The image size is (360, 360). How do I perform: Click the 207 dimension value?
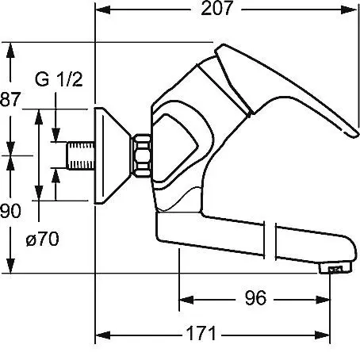point(216,9)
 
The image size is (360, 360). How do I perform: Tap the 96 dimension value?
point(255,298)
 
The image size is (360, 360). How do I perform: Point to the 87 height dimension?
point(10,99)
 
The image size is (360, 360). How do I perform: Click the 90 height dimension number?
point(10,211)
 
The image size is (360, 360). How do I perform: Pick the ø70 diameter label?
point(43,239)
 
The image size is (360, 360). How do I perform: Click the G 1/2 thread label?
point(59,79)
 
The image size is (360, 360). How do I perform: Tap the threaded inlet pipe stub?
point(80,155)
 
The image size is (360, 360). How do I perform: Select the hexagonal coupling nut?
point(141,155)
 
